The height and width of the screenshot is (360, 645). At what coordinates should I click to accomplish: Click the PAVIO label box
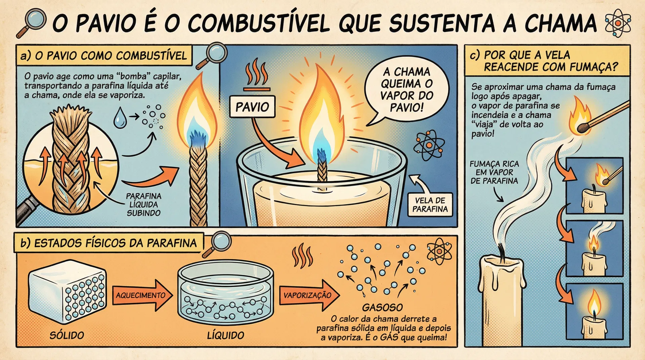252,107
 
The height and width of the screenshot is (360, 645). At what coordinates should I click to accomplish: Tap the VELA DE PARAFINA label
430,205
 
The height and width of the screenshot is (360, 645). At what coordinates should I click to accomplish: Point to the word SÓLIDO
67,335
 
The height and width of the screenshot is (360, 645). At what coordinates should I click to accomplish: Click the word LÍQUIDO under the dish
225,335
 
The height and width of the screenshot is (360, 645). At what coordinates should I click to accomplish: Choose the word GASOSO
382,307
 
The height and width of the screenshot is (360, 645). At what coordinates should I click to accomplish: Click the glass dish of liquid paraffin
225,292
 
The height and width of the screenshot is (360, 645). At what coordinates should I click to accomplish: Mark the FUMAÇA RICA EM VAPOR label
494,172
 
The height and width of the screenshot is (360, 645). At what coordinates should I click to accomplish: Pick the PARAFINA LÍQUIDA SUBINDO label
143,204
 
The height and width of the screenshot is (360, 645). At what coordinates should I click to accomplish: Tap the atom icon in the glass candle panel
429,145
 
